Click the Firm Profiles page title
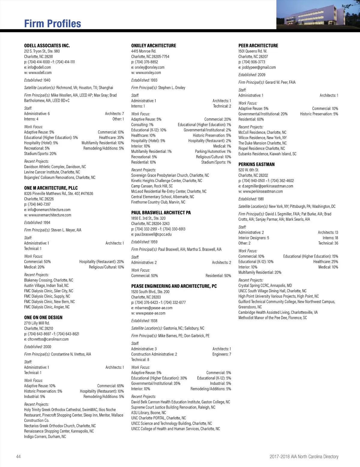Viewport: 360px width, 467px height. click(x=52, y=24)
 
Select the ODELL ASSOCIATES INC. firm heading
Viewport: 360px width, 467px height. click(x=47, y=46)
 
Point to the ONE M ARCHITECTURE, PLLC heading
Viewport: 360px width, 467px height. click(x=51, y=188)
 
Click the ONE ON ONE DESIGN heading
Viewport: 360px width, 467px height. click(x=43, y=317)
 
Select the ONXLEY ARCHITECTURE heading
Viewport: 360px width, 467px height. click(x=154, y=46)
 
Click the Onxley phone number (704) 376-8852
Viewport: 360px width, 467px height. click(x=146, y=62)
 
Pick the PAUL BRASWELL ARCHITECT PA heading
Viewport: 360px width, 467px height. click(x=161, y=213)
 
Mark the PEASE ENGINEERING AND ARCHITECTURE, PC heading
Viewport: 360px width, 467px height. click(x=174, y=286)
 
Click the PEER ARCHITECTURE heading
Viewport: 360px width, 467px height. click(x=258, y=46)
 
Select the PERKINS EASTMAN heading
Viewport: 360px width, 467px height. click(x=256, y=164)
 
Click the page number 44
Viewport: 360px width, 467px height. click(x=18, y=457)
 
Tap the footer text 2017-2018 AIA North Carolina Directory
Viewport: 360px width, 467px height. click(x=304, y=457)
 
